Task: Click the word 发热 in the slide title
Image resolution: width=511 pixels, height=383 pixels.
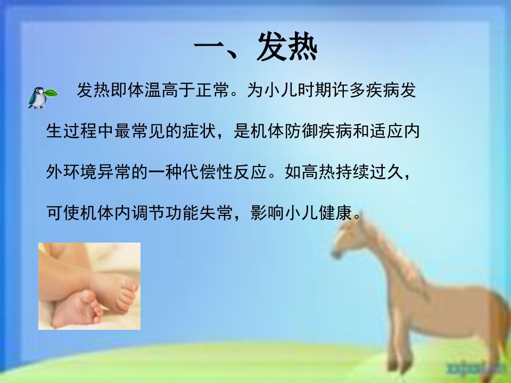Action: click(x=287, y=47)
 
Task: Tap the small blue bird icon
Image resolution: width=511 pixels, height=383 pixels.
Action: click(x=38, y=98)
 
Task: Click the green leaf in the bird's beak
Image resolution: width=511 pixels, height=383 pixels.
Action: click(x=51, y=93)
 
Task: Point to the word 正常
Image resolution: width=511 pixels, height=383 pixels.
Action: click(x=212, y=90)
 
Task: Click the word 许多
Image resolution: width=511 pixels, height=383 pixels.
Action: click(x=348, y=90)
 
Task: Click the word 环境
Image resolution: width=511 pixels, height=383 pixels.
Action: click(x=80, y=172)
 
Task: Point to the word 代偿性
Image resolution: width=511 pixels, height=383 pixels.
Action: click(x=207, y=172)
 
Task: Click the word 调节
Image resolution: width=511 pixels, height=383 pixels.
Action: click(x=148, y=213)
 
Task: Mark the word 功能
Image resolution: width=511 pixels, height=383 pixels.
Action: click(x=182, y=213)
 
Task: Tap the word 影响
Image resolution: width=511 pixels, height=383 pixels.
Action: click(x=267, y=213)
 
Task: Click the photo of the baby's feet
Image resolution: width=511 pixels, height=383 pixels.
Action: click(x=89, y=286)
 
